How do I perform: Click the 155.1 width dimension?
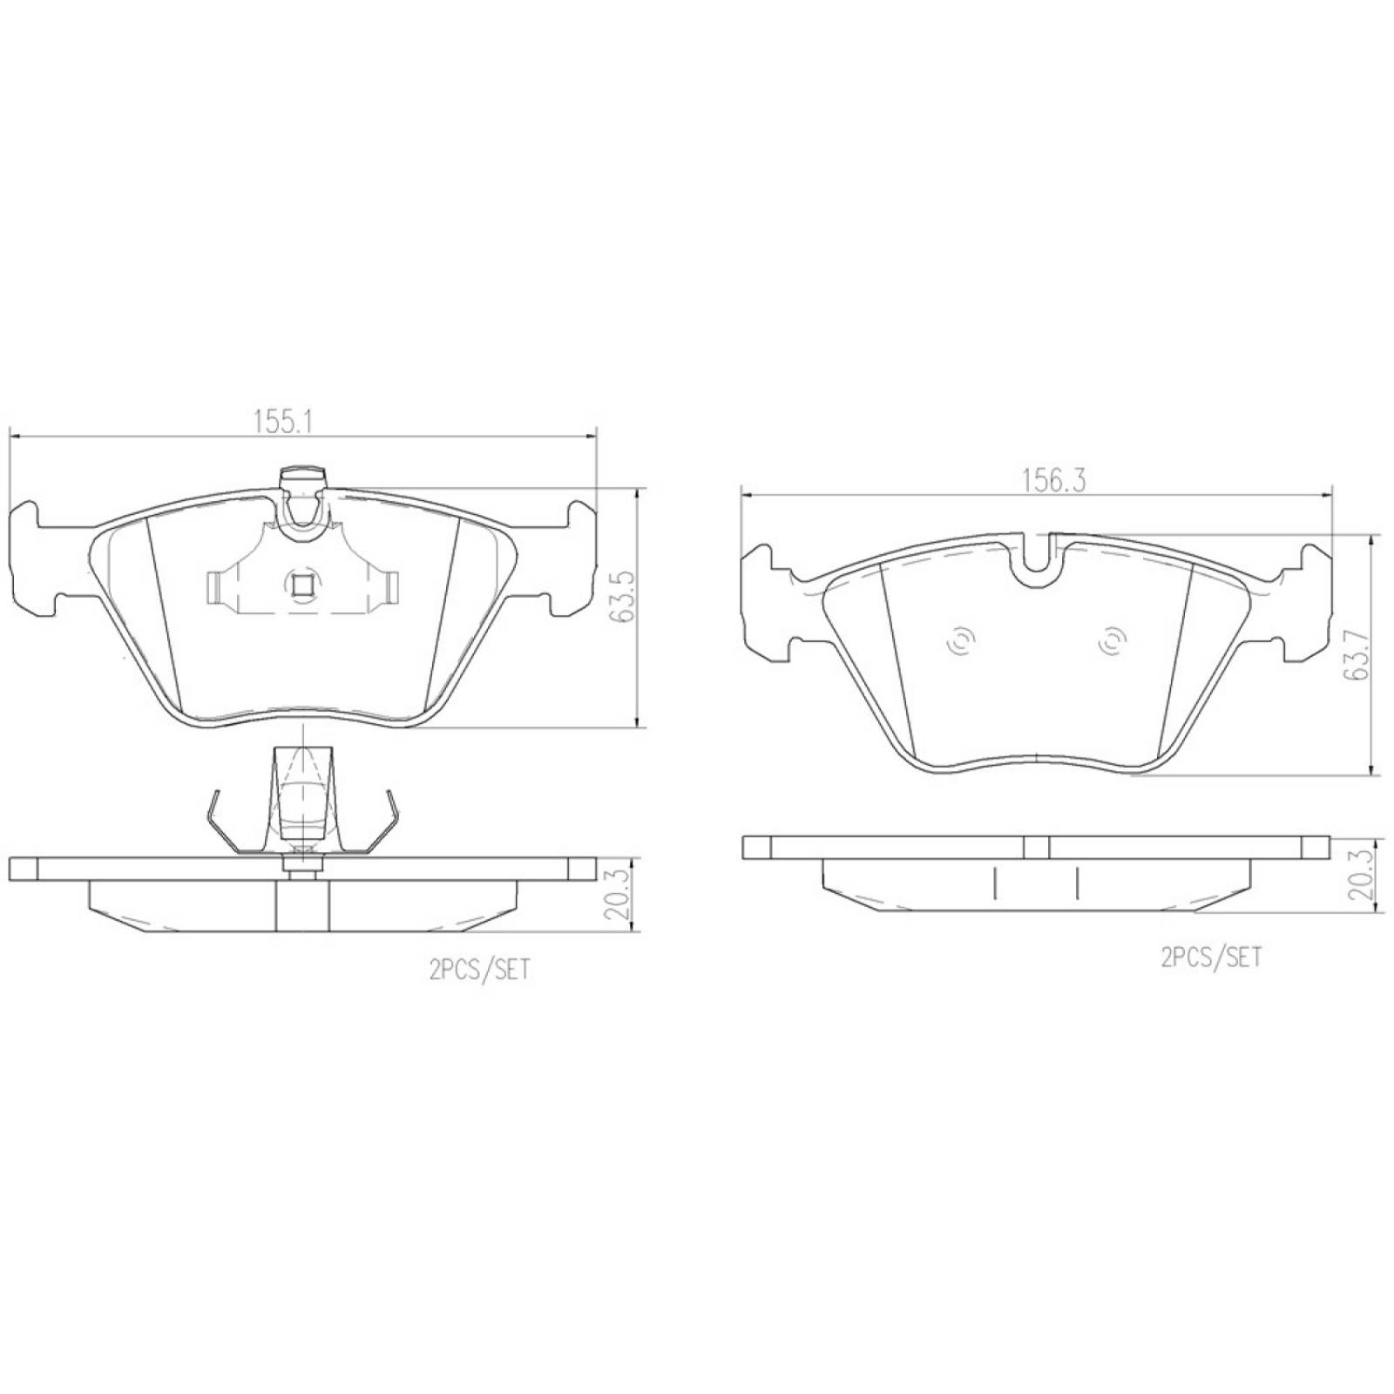pyautogui.click(x=283, y=422)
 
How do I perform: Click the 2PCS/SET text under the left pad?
pyautogui.click(x=479, y=970)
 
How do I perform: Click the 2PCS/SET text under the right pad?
pyautogui.click(x=1211, y=958)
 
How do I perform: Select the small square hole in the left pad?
pyautogui.click(x=301, y=585)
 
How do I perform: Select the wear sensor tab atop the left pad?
pyautogui.click(x=301, y=477)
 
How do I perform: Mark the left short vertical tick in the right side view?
pyautogui.click(x=992, y=883)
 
